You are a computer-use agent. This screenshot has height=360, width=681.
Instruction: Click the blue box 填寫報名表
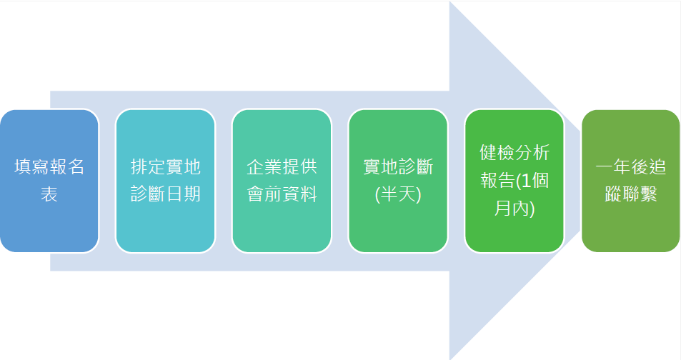pos(49,181)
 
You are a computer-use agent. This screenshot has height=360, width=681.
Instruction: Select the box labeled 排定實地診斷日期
pos(166,181)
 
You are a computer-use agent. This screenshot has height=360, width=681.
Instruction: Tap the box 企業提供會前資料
pos(282,181)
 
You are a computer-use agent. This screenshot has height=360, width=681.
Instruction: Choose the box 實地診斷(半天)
pos(398,181)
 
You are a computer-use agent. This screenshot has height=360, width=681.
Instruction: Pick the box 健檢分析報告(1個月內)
pos(515,181)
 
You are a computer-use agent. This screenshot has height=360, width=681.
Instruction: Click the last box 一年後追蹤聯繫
pos(630,181)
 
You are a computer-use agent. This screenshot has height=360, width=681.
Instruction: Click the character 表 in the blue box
pos(49,194)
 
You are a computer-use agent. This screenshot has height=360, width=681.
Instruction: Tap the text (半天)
pos(398,194)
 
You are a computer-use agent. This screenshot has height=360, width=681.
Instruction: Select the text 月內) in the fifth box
pos(515,209)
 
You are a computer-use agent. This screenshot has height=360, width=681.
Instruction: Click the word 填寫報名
pos(49,166)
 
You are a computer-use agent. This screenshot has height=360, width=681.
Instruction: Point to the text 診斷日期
pos(166,194)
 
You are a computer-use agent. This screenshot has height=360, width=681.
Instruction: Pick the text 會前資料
pos(282,194)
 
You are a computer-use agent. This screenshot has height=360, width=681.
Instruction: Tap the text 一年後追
pos(630,166)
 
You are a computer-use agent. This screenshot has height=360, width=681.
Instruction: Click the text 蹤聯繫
pos(630,194)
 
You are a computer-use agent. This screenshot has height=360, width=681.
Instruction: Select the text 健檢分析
pos(515,152)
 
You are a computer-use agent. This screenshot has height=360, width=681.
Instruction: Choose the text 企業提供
pos(282,166)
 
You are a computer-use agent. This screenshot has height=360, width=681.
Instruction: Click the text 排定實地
pos(166,166)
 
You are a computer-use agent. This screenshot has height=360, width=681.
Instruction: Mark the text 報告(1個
pos(515,181)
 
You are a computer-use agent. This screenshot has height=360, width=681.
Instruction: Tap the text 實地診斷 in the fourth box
pos(398,166)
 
